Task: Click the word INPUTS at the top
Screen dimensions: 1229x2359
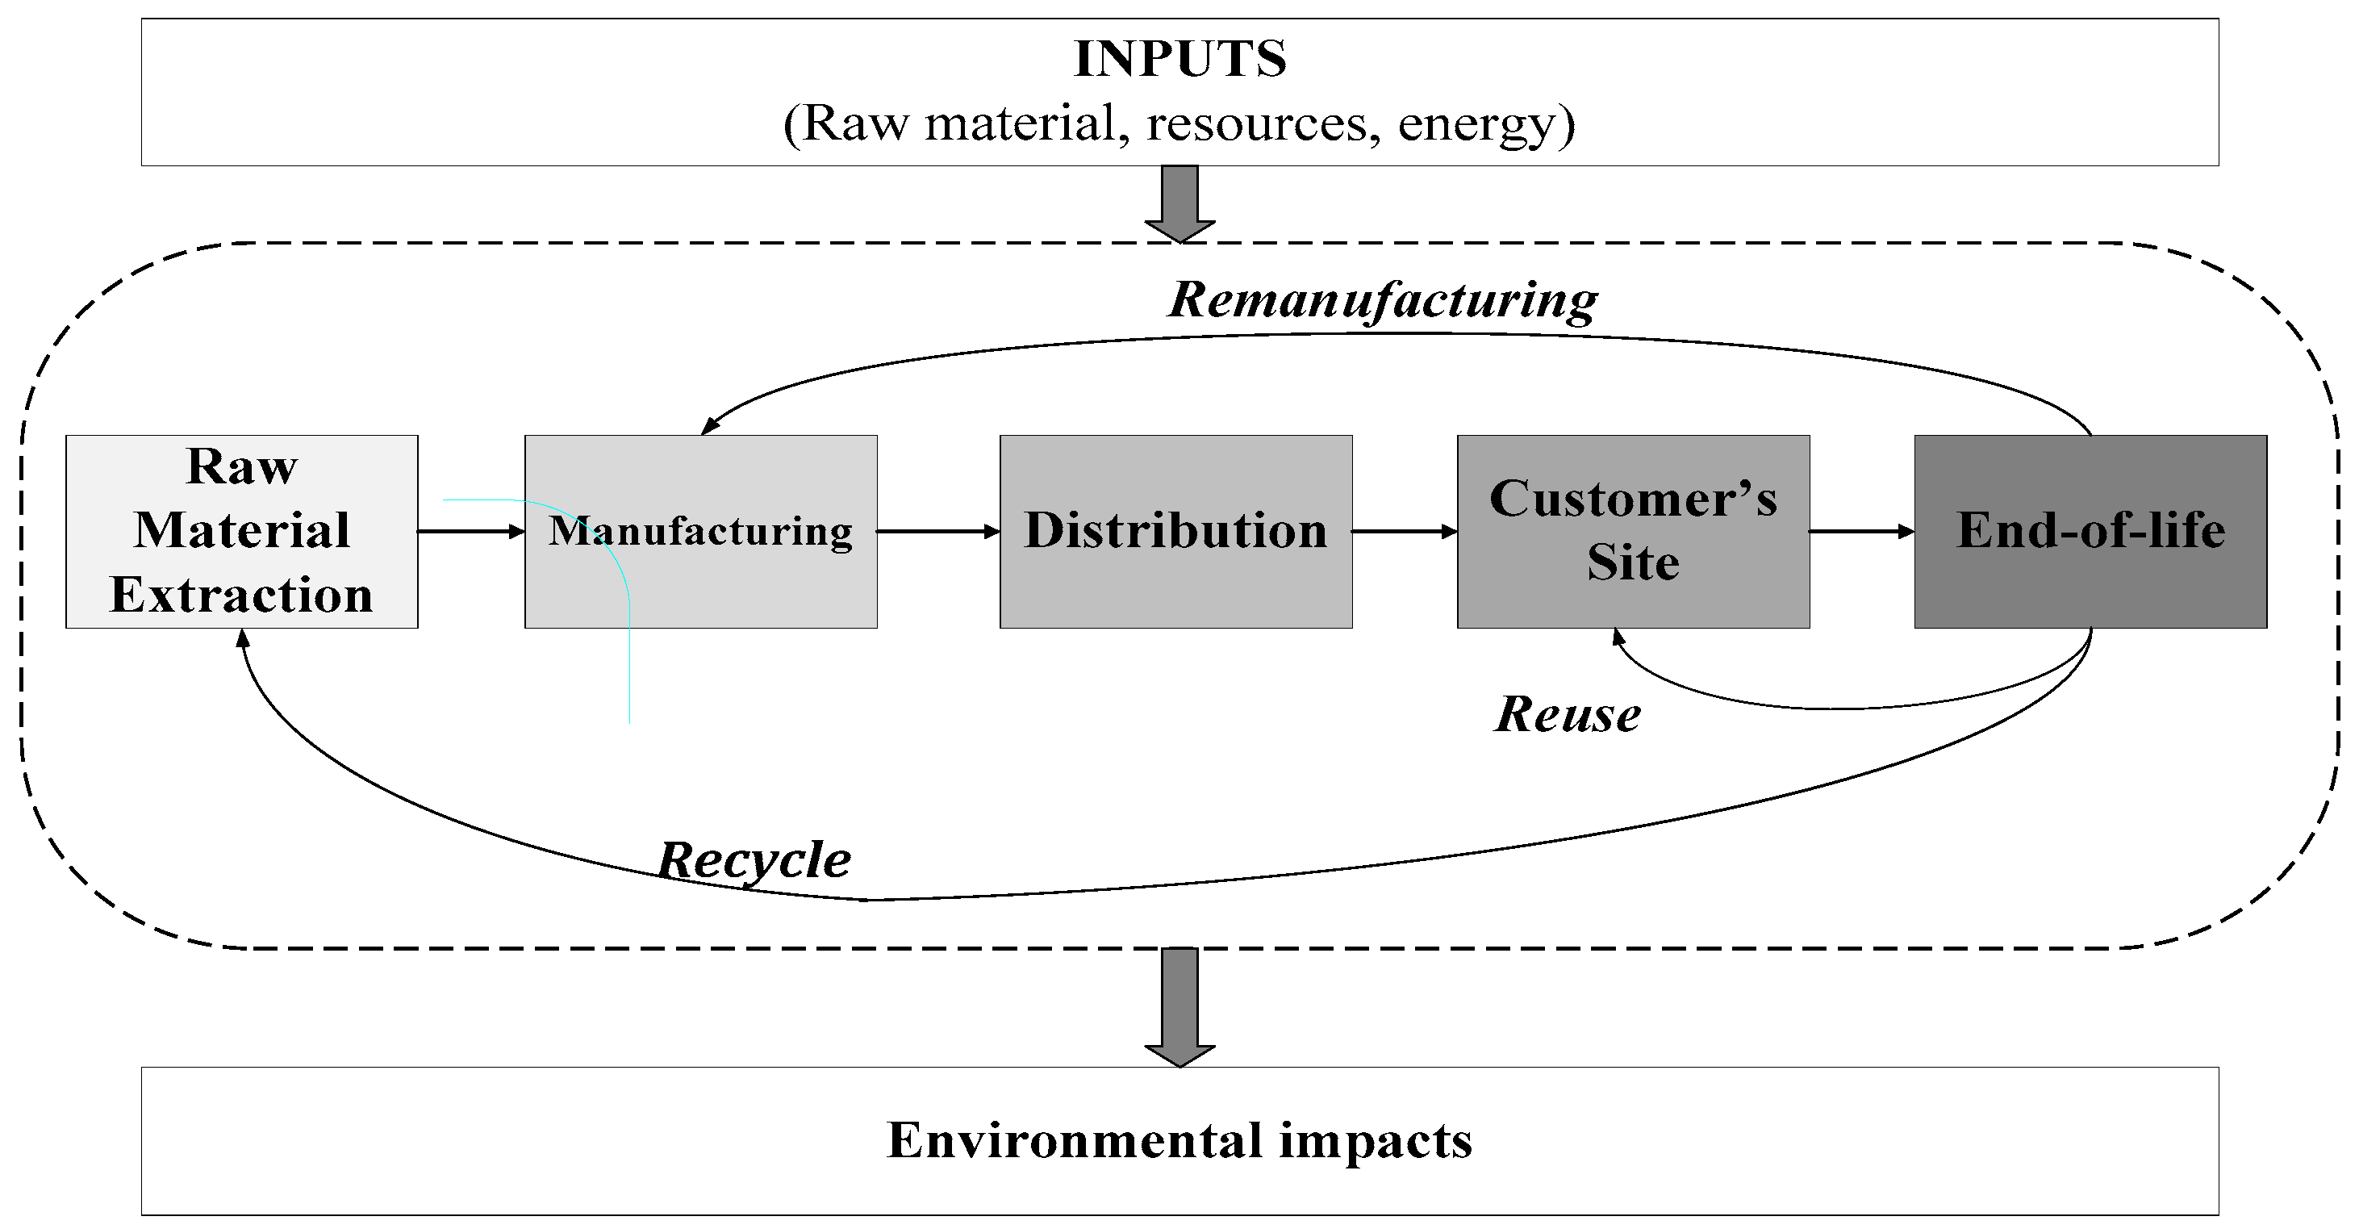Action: pos(1179,60)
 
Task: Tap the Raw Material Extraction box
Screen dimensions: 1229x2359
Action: pos(242,531)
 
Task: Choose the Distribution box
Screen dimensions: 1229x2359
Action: pos(1175,531)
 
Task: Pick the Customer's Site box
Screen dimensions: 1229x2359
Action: pos(1633,531)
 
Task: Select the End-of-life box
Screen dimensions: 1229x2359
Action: pos(2090,531)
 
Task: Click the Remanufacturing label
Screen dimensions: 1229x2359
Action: pos(1383,300)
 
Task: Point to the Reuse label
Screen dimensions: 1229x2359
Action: pos(1568,715)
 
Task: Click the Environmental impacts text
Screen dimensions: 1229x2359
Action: pos(1179,1141)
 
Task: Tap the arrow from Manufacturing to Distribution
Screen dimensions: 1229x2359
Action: pos(937,531)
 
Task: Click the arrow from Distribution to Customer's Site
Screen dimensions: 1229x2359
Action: pos(1404,531)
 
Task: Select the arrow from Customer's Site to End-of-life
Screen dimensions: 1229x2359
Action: pos(1861,531)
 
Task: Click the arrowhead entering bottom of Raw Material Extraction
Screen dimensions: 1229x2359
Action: pos(243,638)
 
